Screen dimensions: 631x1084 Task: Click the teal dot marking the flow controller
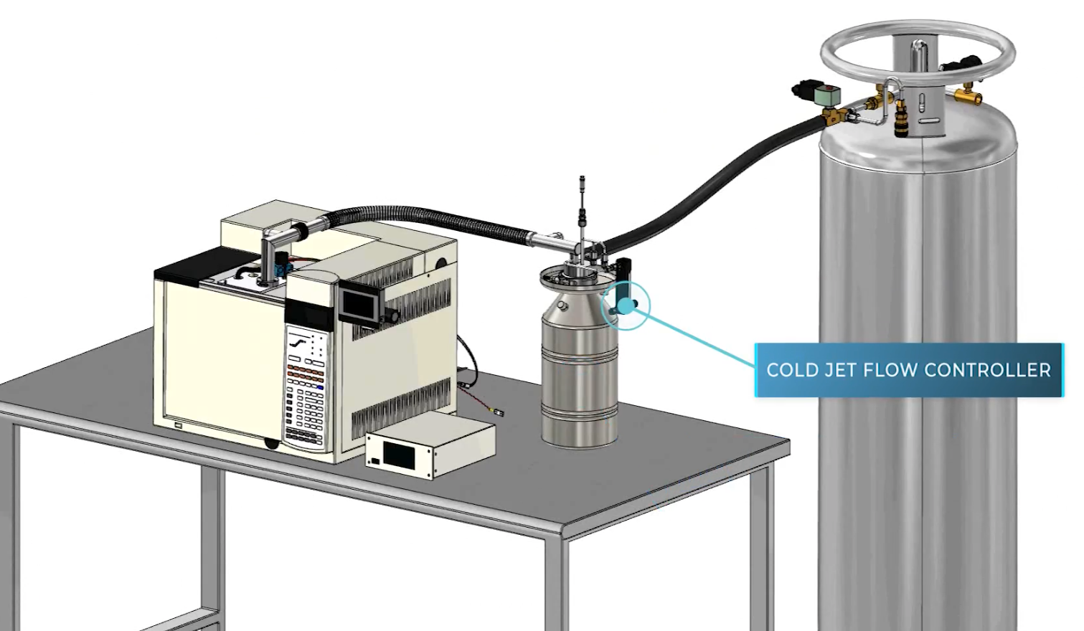pyautogui.click(x=626, y=306)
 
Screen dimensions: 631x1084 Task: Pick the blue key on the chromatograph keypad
pyautogui.click(x=319, y=387)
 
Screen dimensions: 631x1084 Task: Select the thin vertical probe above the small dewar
pyautogui.click(x=582, y=208)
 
